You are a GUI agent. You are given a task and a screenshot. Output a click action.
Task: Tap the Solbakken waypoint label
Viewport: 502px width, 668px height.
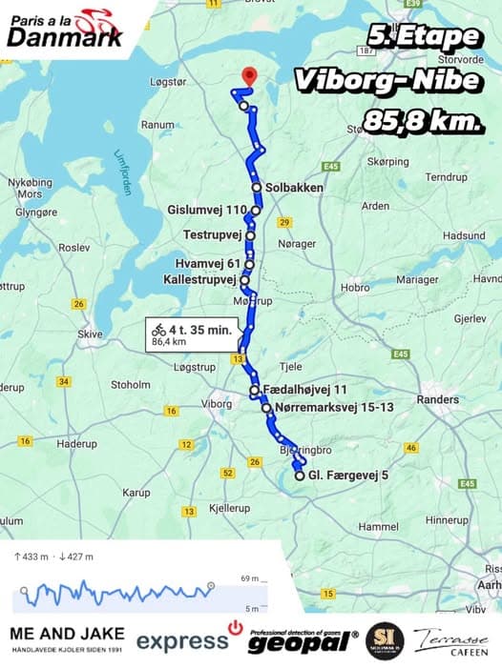(x=294, y=188)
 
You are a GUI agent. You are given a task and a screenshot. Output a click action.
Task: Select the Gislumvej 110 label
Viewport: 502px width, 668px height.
(x=207, y=210)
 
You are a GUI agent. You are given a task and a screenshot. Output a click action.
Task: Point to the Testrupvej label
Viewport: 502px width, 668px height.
(x=214, y=233)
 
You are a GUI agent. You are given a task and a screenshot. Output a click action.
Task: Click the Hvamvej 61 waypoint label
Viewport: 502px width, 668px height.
(x=208, y=264)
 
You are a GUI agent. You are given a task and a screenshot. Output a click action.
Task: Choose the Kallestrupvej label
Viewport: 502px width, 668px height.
(x=199, y=280)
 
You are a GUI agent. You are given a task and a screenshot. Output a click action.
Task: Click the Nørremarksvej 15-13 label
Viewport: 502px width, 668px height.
(x=333, y=408)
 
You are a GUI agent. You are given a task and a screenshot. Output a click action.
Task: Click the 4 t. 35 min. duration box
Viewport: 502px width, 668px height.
(x=190, y=334)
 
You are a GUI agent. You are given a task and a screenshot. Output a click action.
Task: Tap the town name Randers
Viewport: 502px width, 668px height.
(x=437, y=400)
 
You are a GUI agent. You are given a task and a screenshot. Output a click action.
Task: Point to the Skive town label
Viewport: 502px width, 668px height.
(x=90, y=334)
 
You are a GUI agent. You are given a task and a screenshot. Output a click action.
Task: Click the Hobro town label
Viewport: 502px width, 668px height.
(x=355, y=287)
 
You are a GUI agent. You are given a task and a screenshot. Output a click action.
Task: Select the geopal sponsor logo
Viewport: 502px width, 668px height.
(x=303, y=641)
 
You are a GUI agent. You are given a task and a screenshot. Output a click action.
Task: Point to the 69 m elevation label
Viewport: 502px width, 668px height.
(x=250, y=578)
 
